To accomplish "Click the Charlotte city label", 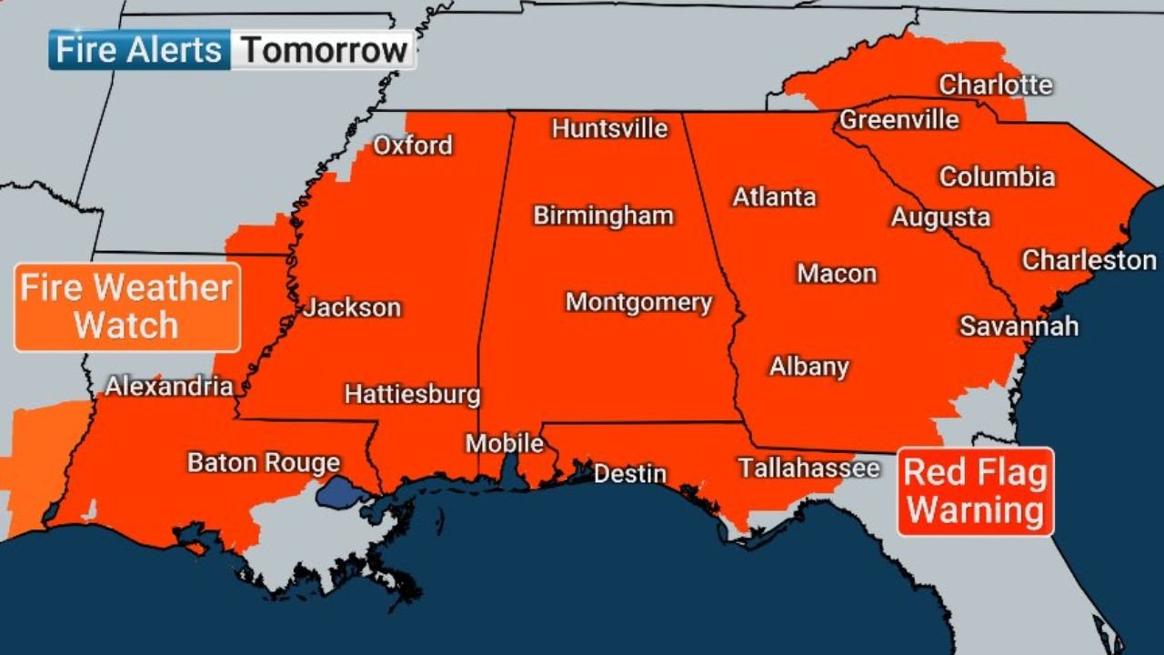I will (995, 85).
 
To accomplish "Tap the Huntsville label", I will (609, 128).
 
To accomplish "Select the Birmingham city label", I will (603, 216).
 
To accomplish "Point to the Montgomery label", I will (638, 302).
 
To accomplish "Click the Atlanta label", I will (774, 196).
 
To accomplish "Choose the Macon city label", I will (837, 273).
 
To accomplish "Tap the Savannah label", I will (1018, 326).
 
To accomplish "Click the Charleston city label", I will (1089, 260).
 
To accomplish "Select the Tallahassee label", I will (808, 469).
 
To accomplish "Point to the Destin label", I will (629, 474).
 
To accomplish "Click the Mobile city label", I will (505, 444).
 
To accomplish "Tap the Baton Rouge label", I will (263, 462).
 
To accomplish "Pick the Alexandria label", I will (168, 386).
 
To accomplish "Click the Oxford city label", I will (413, 146).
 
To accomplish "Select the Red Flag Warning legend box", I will (976, 491).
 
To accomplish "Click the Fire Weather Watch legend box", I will (126, 307).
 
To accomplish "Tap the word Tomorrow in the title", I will (324, 50).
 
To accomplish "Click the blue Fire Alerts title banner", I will (138, 50).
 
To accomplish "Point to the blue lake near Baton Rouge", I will (343, 494).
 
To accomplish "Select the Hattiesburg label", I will (412, 394).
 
